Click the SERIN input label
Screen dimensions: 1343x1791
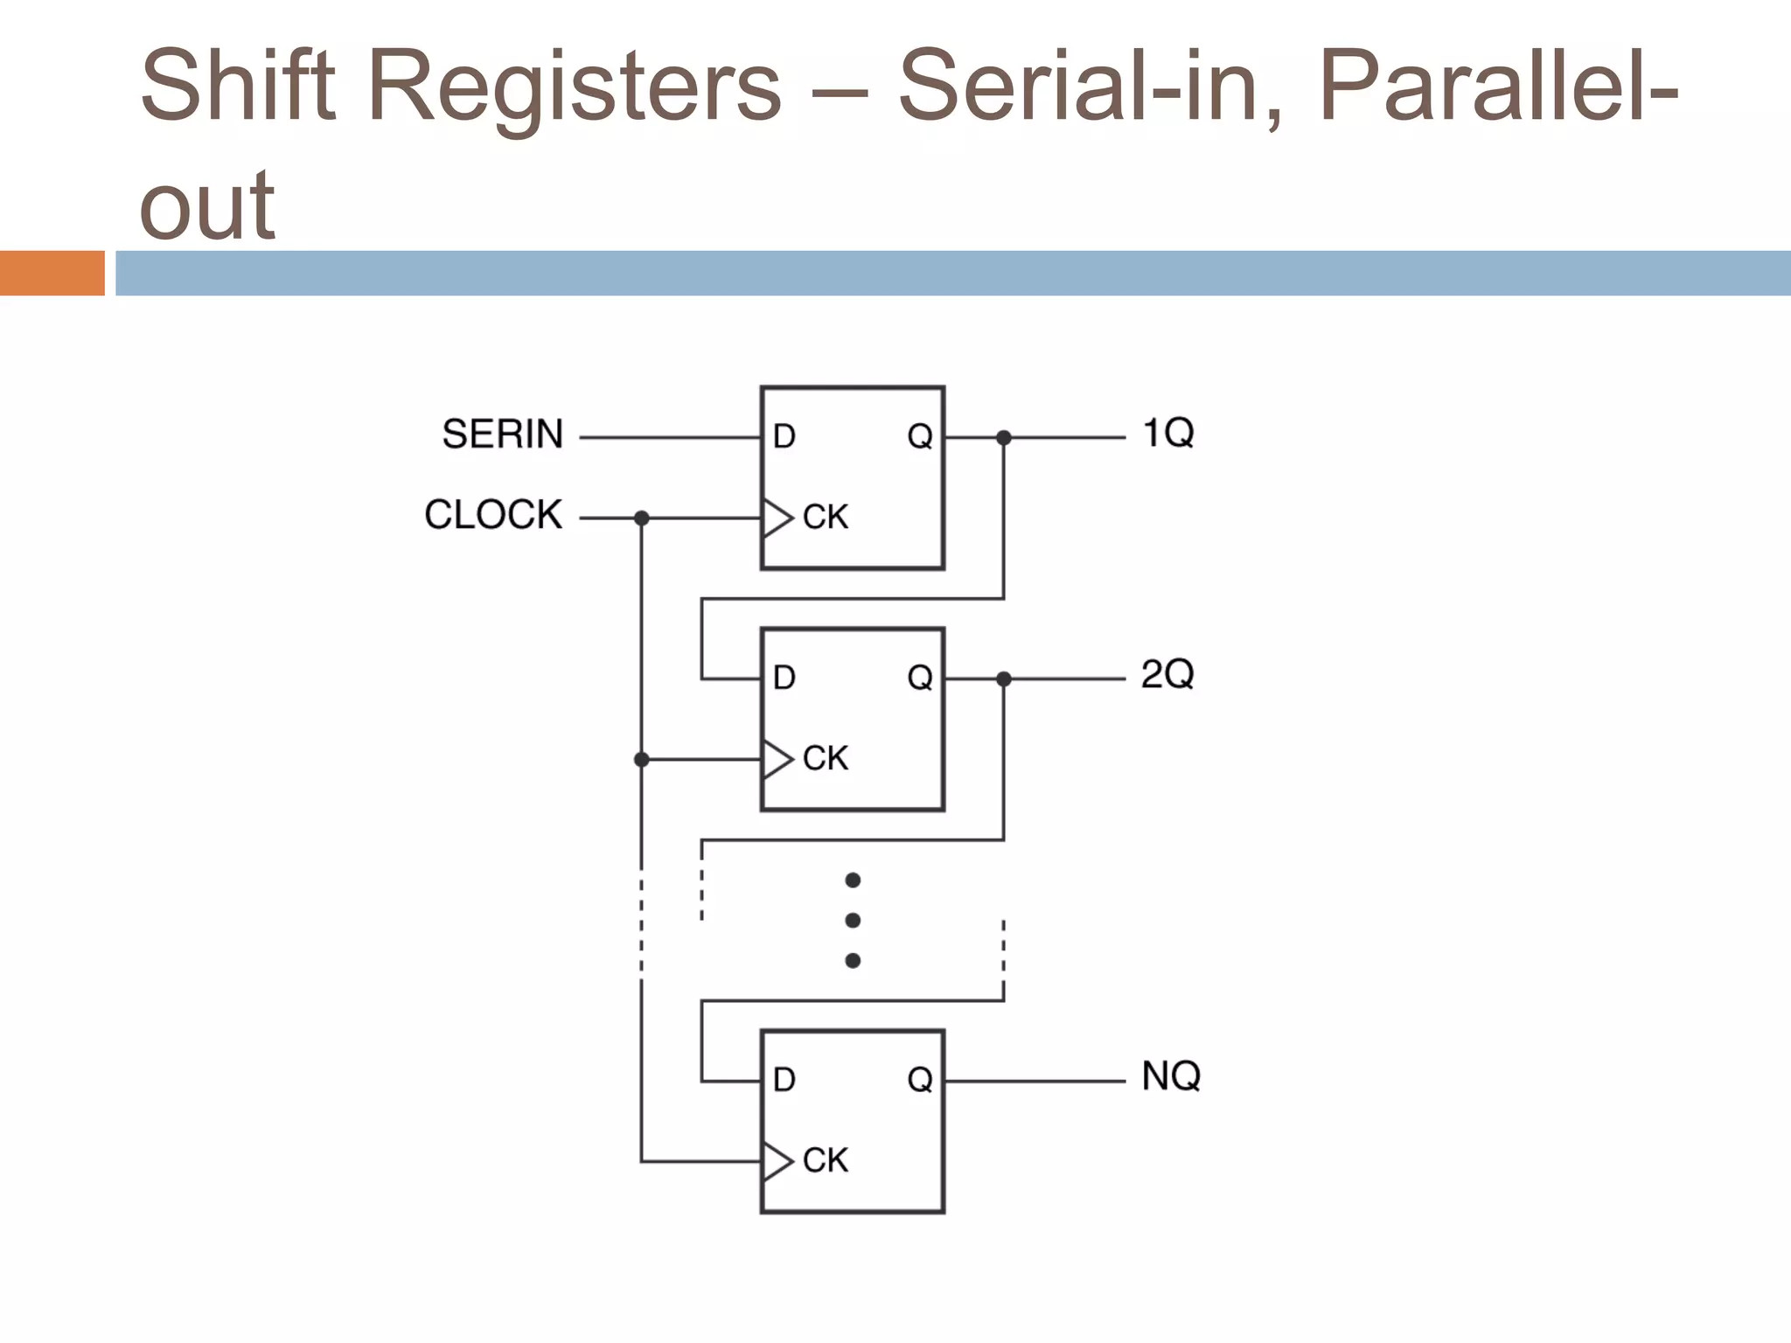pyautogui.click(x=502, y=435)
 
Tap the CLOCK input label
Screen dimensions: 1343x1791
pyautogui.click(x=492, y=515)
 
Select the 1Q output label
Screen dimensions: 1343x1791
pyautogui.click(x=1167, y=433)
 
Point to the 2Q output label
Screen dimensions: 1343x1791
pyautogui.click(x=1167, y=674)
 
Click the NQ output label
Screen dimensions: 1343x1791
pyautogui.click(x=1170, y=1076)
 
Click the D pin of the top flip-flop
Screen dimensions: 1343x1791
pyautogui.click(x=784, y=436)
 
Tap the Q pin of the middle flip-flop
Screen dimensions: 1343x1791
pyautogui.click(x=920, y=677)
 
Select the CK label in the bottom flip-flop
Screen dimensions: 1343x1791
pyautogui.click(x=825, y=1160)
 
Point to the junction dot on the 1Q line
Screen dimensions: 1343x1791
pyautogui.click(x=1004, y=437)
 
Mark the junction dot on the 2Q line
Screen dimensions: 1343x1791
pyautogui.click(x=1004, y=678)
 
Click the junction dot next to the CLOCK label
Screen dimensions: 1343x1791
pyautogui.click(x=641, y=518)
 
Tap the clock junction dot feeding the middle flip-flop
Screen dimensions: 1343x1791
pyautogui.click(x=641, y=759)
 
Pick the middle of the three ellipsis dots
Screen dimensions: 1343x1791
pyautogui.click(x=853, y=921)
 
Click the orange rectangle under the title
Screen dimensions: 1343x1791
pyautogui.click(x=52, y=273)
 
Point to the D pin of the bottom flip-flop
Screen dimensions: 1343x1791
pyautogui.click(x=784, y=1080)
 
